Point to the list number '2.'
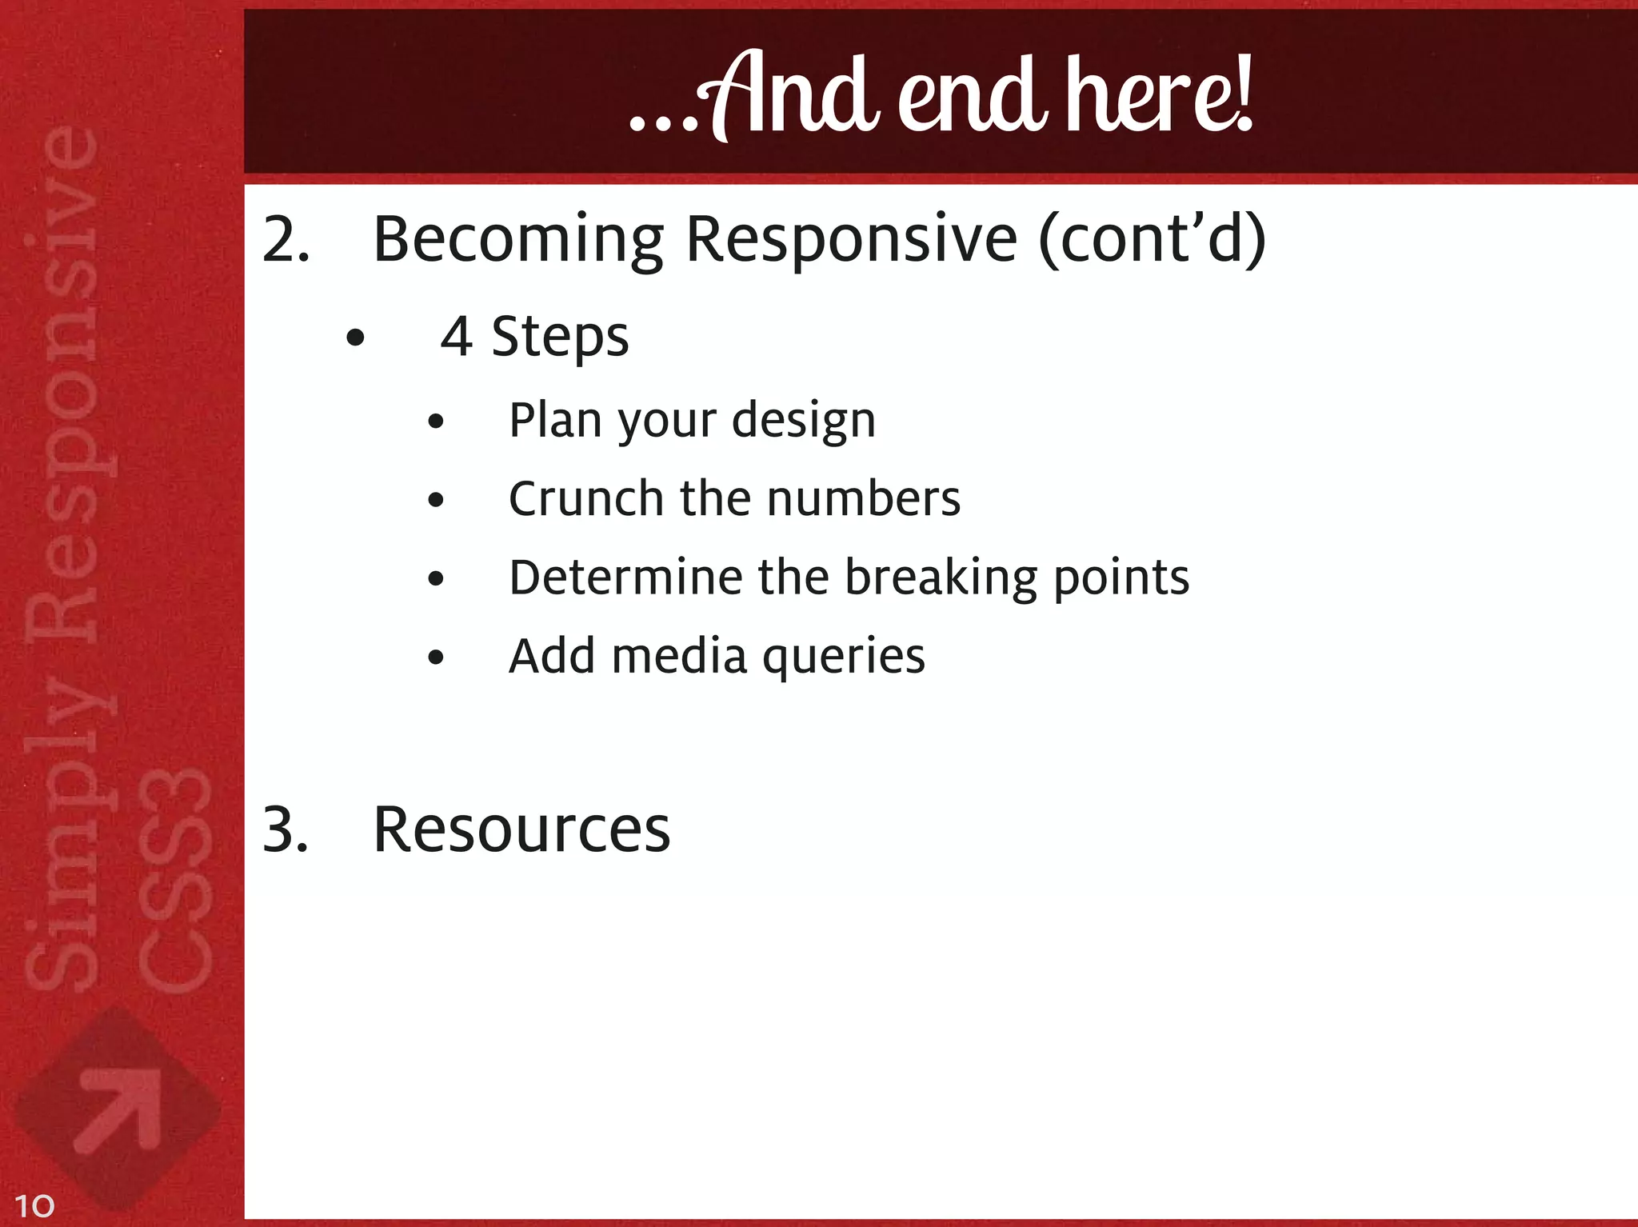click(286, 239)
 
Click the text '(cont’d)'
click(1152, 239)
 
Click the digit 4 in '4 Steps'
click(456, 337)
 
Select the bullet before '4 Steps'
click(355, 338)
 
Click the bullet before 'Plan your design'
click(435, 422)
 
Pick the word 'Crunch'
click(585, 498)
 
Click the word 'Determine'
click(625, 577)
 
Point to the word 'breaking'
click(940, 578)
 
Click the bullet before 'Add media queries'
click(435, 657)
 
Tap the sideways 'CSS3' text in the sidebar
click(174, 880)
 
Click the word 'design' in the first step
click(804, 420)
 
